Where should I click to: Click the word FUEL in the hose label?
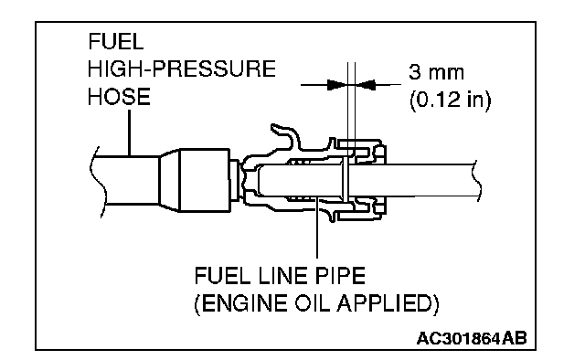click(x=116, y=41)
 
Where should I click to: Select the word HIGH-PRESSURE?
click(x=182, y=69)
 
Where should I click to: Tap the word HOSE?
click(x=119, y=97)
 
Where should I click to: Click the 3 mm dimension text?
click(x=436, y=72)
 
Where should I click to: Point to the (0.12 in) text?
click(x=451, y=100)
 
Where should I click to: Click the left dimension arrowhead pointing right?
click(x=336, y=85)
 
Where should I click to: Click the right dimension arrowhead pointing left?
click(x=365, y=85)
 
